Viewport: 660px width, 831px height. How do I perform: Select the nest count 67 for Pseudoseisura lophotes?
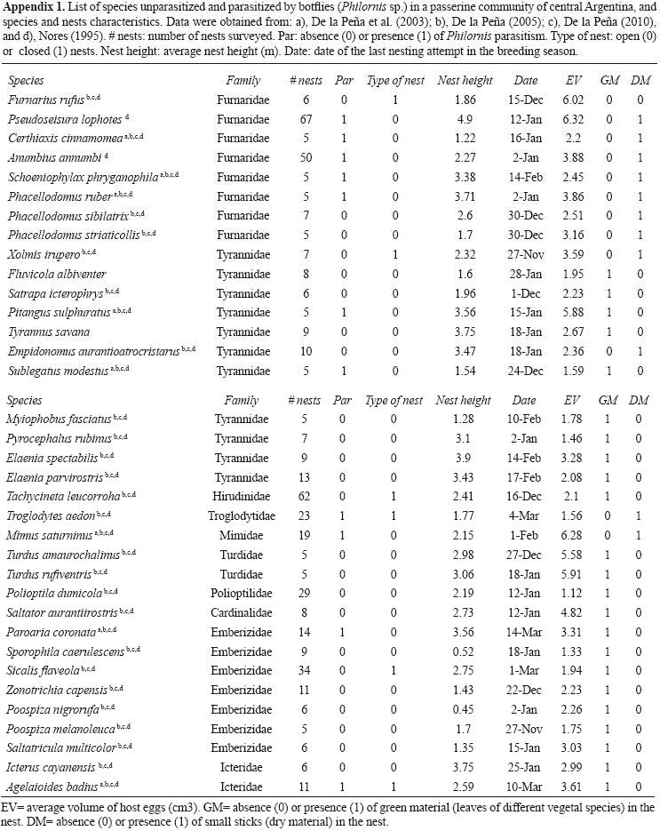click(305, 119)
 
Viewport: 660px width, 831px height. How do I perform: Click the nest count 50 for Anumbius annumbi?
click(305, 157)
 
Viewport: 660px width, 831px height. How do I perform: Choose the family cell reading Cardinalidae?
click(242, 613)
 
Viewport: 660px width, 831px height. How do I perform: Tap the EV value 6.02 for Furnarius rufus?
click(574, 102)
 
